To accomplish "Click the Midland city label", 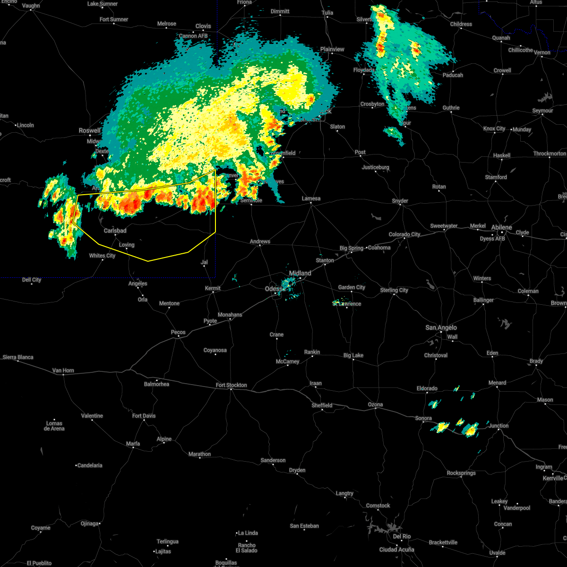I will coord(300,273).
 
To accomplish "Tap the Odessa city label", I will coord(274,289).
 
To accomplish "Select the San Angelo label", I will coord(441,327).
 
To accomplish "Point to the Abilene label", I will coord(501,227).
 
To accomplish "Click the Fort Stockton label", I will coord(232,385).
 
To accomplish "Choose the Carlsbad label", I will coord(115,231).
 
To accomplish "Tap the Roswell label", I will coord(89,130).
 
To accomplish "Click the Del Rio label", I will coord(402,536).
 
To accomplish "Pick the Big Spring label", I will coord(352,248).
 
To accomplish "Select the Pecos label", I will coord(178,332).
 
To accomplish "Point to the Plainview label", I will coord(332,49).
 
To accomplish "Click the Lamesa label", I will coord(311,198).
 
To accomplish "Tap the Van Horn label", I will coord(63,370).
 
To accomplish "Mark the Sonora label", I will coord(423,418).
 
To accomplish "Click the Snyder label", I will coord(400,201).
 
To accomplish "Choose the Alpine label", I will coord(164,439).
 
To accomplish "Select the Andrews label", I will coord(260,241).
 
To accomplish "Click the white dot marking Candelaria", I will coord(77,465).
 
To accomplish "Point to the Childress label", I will coord(461,24).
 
